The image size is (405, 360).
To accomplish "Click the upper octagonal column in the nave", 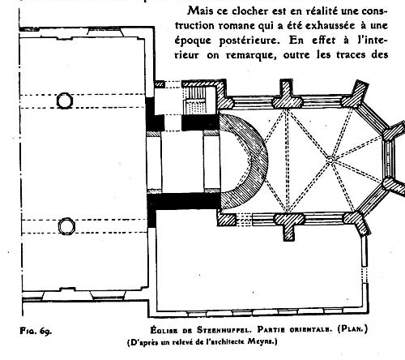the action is point(65,101).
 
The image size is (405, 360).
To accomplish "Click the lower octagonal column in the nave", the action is point(66,226).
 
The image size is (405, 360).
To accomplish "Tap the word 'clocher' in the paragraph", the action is point(246,11).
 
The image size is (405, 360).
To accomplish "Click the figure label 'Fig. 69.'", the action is point(36,331).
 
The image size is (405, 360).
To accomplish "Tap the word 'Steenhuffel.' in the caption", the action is point(224,330).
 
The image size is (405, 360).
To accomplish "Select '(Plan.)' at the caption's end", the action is point(352,329).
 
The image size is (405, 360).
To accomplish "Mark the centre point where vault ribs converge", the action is point(330,161).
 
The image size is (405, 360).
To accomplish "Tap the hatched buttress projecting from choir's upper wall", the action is point(287,93).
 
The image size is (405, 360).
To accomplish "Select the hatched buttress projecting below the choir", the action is point(288,226).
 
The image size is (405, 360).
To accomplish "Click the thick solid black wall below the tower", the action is point(184,201).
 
